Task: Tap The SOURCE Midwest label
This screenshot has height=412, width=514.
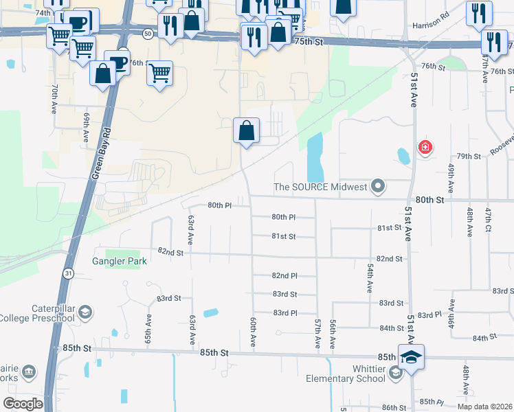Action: click(x=320, y=186)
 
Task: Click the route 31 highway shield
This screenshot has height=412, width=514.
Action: click(x=67, y=273)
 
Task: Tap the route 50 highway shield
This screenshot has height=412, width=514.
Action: click(x=148, y=33)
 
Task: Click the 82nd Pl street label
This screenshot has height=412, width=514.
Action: click(x=284, y=275)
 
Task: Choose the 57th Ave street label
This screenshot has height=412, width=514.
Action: click(x=317, y=332)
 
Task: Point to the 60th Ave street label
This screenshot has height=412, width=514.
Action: click(x=254, y=332)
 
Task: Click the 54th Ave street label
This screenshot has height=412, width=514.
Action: click(x=370, y=275)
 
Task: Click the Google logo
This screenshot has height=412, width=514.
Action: click(x=23, y=404)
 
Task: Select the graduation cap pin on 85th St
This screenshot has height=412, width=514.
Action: click(x=411, y=357)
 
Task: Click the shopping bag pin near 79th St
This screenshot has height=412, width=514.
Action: click(x=247, y=130)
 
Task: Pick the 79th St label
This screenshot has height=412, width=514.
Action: click(x=470, y=157)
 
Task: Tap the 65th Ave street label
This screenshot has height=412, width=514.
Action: click(x=148, y=330)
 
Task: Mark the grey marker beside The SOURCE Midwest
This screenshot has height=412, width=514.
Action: click(x=377, y=186)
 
